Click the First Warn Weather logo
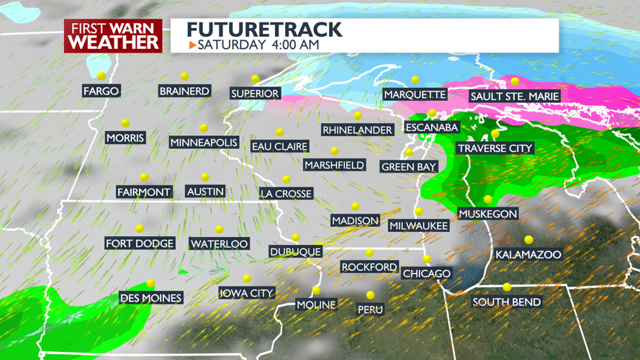113,35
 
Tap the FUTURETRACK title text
263,30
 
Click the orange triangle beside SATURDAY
192,45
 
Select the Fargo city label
102,91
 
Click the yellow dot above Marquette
415,80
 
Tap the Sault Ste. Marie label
514,96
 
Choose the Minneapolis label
204,143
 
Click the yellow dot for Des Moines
150,284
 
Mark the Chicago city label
426,274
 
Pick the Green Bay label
408,167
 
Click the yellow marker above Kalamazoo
528,240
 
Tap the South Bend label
506,302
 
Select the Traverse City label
495,148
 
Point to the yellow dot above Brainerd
185,76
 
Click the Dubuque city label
295,251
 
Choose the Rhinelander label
357,130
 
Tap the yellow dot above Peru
370,295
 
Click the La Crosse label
286,194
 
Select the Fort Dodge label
140,243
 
